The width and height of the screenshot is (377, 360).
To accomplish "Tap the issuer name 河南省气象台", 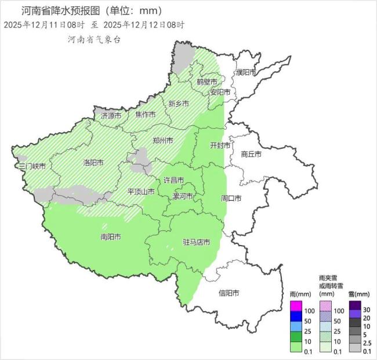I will pos(94,39).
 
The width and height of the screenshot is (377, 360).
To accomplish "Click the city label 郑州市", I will pos(163,141).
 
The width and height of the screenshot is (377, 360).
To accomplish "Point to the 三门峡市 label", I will pos(32,166).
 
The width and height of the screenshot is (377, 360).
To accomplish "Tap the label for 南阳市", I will pos(111,237).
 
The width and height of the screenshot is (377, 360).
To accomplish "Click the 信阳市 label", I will pos(229,293).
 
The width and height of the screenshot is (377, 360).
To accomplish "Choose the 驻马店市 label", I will pos(196,242).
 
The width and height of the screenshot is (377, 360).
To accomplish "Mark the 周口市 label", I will pos(231,198).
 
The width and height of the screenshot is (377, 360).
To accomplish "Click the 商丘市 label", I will pos(251,154).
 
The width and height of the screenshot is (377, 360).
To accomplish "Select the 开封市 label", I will pos(220,145).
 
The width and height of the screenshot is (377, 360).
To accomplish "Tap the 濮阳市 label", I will pos(245,72).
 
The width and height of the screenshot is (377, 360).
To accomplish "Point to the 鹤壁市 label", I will pos(206,82).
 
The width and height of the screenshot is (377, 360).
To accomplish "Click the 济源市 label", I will pos(111,116).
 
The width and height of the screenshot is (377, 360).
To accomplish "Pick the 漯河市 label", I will pos(183,196).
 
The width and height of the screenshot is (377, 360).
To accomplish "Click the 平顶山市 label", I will pos(141,192).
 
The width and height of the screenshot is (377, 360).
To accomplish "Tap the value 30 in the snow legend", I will pos(366,308).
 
